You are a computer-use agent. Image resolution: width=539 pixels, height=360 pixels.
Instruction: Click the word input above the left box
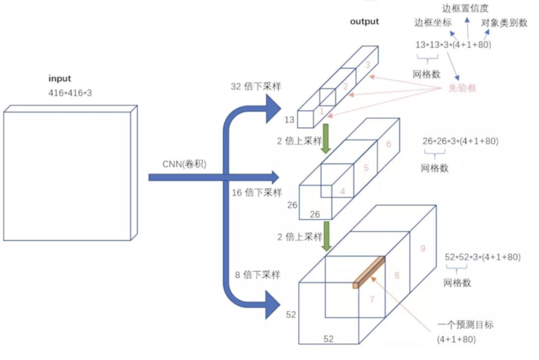click(x=60, y=79)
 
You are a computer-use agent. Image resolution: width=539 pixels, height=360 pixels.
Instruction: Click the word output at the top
click(x=365, y=21)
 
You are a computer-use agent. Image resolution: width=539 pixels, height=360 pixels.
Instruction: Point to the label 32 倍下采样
click(x=256, y=87)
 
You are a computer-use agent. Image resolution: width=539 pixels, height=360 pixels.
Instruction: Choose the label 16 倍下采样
click(x=256, y=193)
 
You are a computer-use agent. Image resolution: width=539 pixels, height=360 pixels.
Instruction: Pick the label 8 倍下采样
click(x=258, y=275)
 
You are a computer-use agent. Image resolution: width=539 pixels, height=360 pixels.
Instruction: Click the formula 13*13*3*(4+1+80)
click(x=453, y=45)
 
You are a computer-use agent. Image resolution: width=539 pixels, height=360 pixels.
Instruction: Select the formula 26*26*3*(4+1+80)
click(x=461, y=141)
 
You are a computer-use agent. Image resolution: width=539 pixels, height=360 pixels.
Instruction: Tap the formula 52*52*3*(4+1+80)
click(x=482, y=257)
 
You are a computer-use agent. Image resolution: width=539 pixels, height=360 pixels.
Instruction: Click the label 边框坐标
click(x=433, y=23)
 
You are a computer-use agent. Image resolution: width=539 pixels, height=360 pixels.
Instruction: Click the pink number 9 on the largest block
click(x=423, y=249)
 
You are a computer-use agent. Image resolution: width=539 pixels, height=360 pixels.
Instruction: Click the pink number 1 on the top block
click(x=321, y=111)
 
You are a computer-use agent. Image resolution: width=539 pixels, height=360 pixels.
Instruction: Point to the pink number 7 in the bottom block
click(x=372, y=300)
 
